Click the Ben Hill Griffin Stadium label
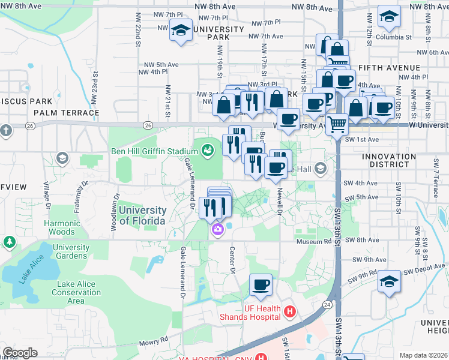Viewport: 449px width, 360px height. pos(154,151)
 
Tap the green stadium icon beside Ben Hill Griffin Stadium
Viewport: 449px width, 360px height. pos(208,149)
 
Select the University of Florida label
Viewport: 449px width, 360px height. pos(142,215)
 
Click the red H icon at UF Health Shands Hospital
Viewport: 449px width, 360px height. pos(290,311)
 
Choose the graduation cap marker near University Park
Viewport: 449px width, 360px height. pos(180,31)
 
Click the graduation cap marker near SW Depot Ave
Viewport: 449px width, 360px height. pos(389,282)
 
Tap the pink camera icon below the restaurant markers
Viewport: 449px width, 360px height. pos(217,229)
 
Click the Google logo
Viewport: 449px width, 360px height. pos(20,353)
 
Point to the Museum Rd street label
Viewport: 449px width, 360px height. pos(313,241)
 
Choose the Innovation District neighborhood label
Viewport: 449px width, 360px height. pos(389,161)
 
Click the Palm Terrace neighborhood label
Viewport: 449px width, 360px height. pos(67,112)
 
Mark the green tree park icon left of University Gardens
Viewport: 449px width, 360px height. pos(9,241)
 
